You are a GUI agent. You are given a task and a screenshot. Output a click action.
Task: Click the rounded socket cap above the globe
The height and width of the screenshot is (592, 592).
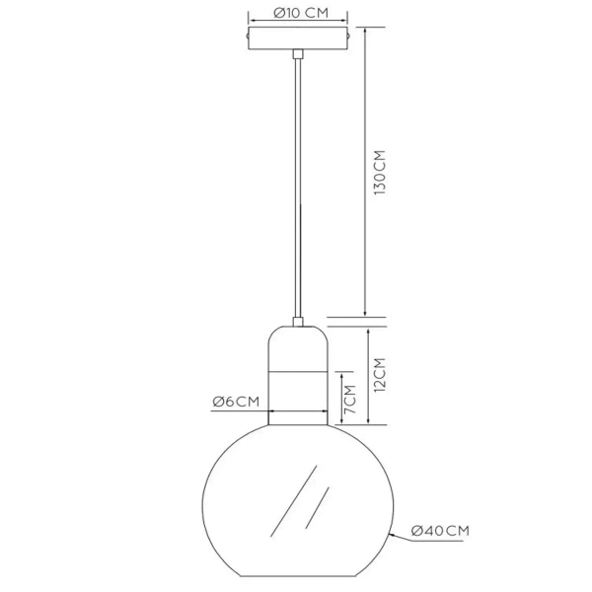click(x=296, y=345)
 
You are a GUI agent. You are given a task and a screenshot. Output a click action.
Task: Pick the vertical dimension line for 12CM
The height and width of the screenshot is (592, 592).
click(x=366, y=375)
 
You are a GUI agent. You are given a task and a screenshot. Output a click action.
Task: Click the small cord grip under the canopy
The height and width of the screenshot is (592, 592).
click(x=296, y=55)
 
